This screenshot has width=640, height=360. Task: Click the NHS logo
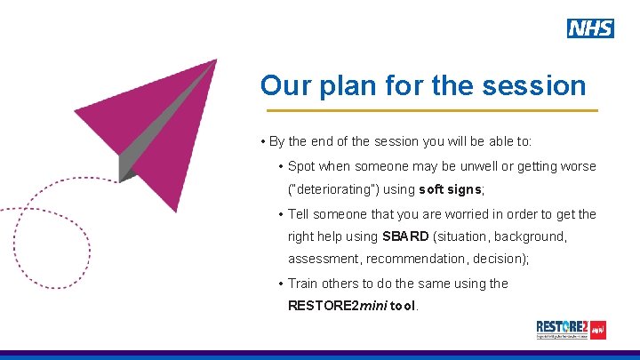click(x=590, y=28)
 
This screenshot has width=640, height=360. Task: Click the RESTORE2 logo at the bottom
click(x=571, y=329)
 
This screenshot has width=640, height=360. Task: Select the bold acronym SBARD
click(x=405, y=236)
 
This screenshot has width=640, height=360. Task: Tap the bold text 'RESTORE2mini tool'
click(x=353, y=306)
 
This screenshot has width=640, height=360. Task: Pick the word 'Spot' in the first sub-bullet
click(x=301, y=166)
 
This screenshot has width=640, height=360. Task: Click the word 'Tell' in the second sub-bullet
click(x=300, y=213)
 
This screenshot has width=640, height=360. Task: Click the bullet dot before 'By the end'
click(x=263, y=142)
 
